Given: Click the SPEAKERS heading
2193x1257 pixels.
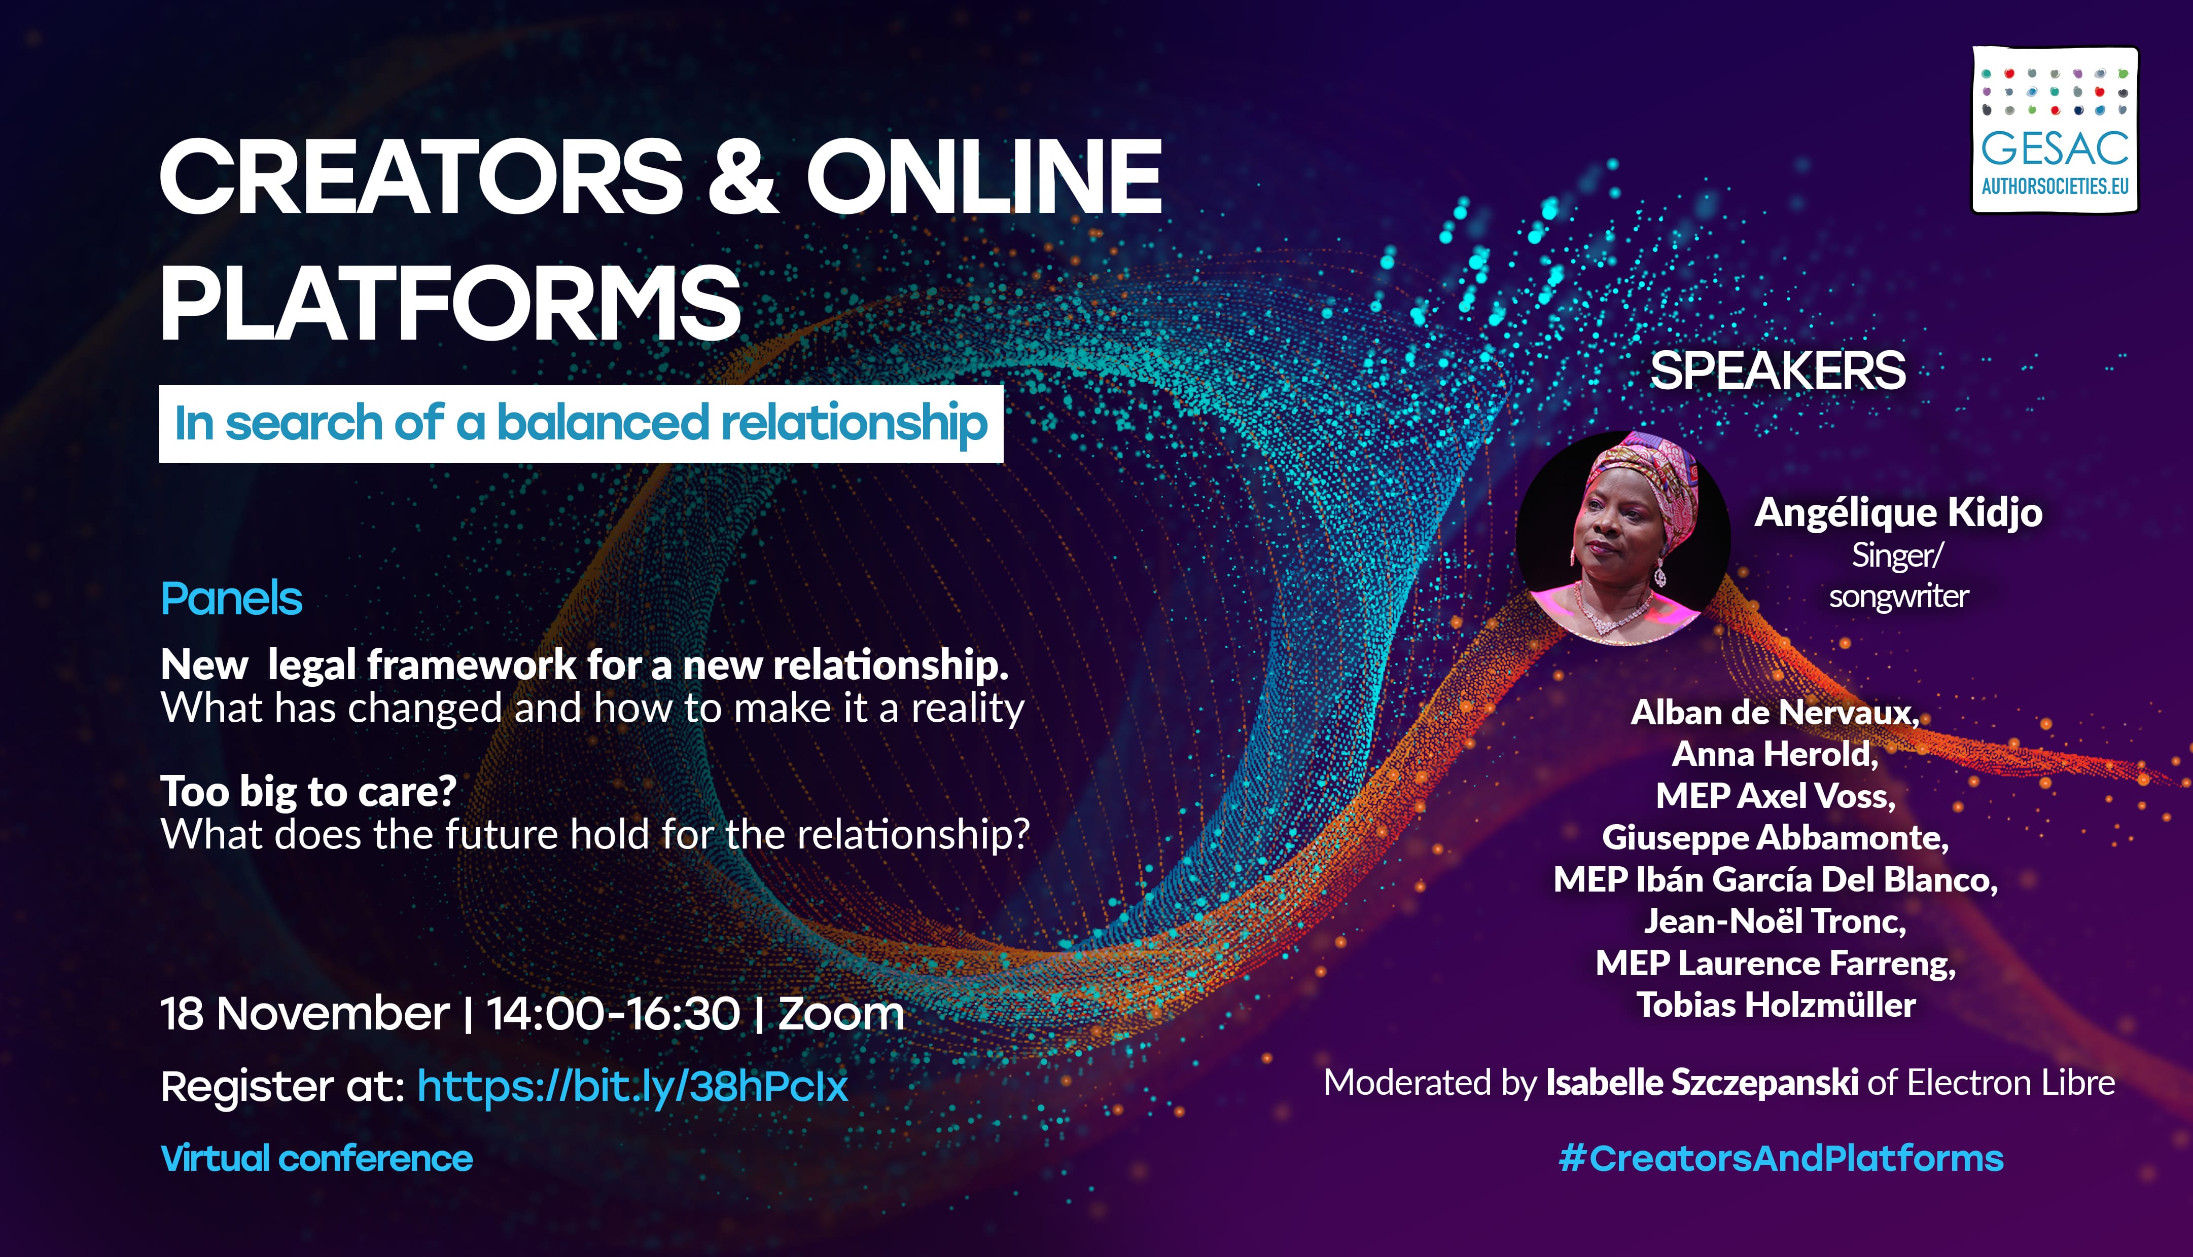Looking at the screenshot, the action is click(x=1778, y=371).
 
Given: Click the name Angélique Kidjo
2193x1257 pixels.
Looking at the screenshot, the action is click(x=1898, y=513).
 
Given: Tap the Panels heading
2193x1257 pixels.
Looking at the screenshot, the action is click(x=231, y=598).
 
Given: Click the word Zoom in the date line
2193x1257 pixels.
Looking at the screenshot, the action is click(x=841, y=1014).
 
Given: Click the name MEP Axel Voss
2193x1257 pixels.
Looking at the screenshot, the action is click(x=1776, y=796).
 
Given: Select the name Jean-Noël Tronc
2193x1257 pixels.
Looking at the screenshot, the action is click(x=1775, y=921).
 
